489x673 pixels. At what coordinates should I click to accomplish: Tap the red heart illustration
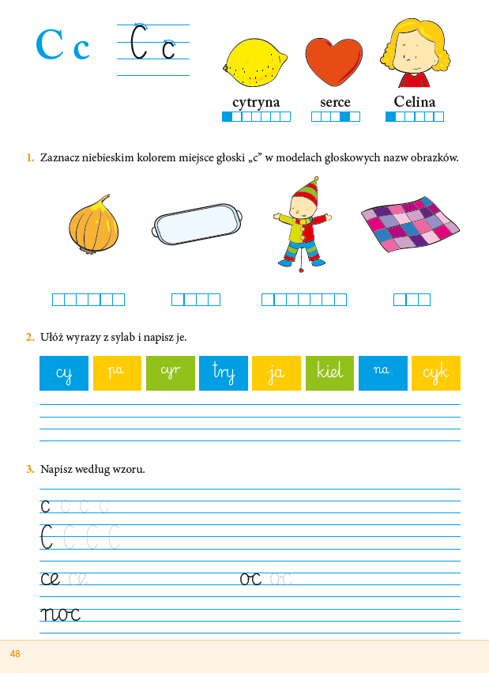(x=334, y=62)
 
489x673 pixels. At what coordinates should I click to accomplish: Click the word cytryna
(x=256, y=102)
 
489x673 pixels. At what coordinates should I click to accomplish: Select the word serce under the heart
(x=335, y=102)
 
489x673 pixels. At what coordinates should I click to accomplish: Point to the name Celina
(x=415, y=102)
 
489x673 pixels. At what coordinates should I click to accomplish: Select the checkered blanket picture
(x=411, y=223)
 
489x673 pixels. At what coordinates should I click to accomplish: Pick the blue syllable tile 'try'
(x=224, y=373)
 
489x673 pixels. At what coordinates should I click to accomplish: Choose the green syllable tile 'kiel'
(x=329, y=373)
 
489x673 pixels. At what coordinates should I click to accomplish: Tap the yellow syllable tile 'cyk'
(x=435, y=373)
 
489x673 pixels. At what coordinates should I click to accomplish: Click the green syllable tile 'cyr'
(x=171, y=373)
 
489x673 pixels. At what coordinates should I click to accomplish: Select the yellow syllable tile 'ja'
(x=276, y=373)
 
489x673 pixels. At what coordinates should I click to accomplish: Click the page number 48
(x=15, y=654)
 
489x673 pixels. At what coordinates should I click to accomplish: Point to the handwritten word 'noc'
(x=60, y=614)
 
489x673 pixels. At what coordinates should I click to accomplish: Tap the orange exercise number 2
(x=29, y=338)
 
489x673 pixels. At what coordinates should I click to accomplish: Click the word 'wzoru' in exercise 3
(x=130, y=469)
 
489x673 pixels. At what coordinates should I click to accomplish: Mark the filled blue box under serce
(x=345, y=117)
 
